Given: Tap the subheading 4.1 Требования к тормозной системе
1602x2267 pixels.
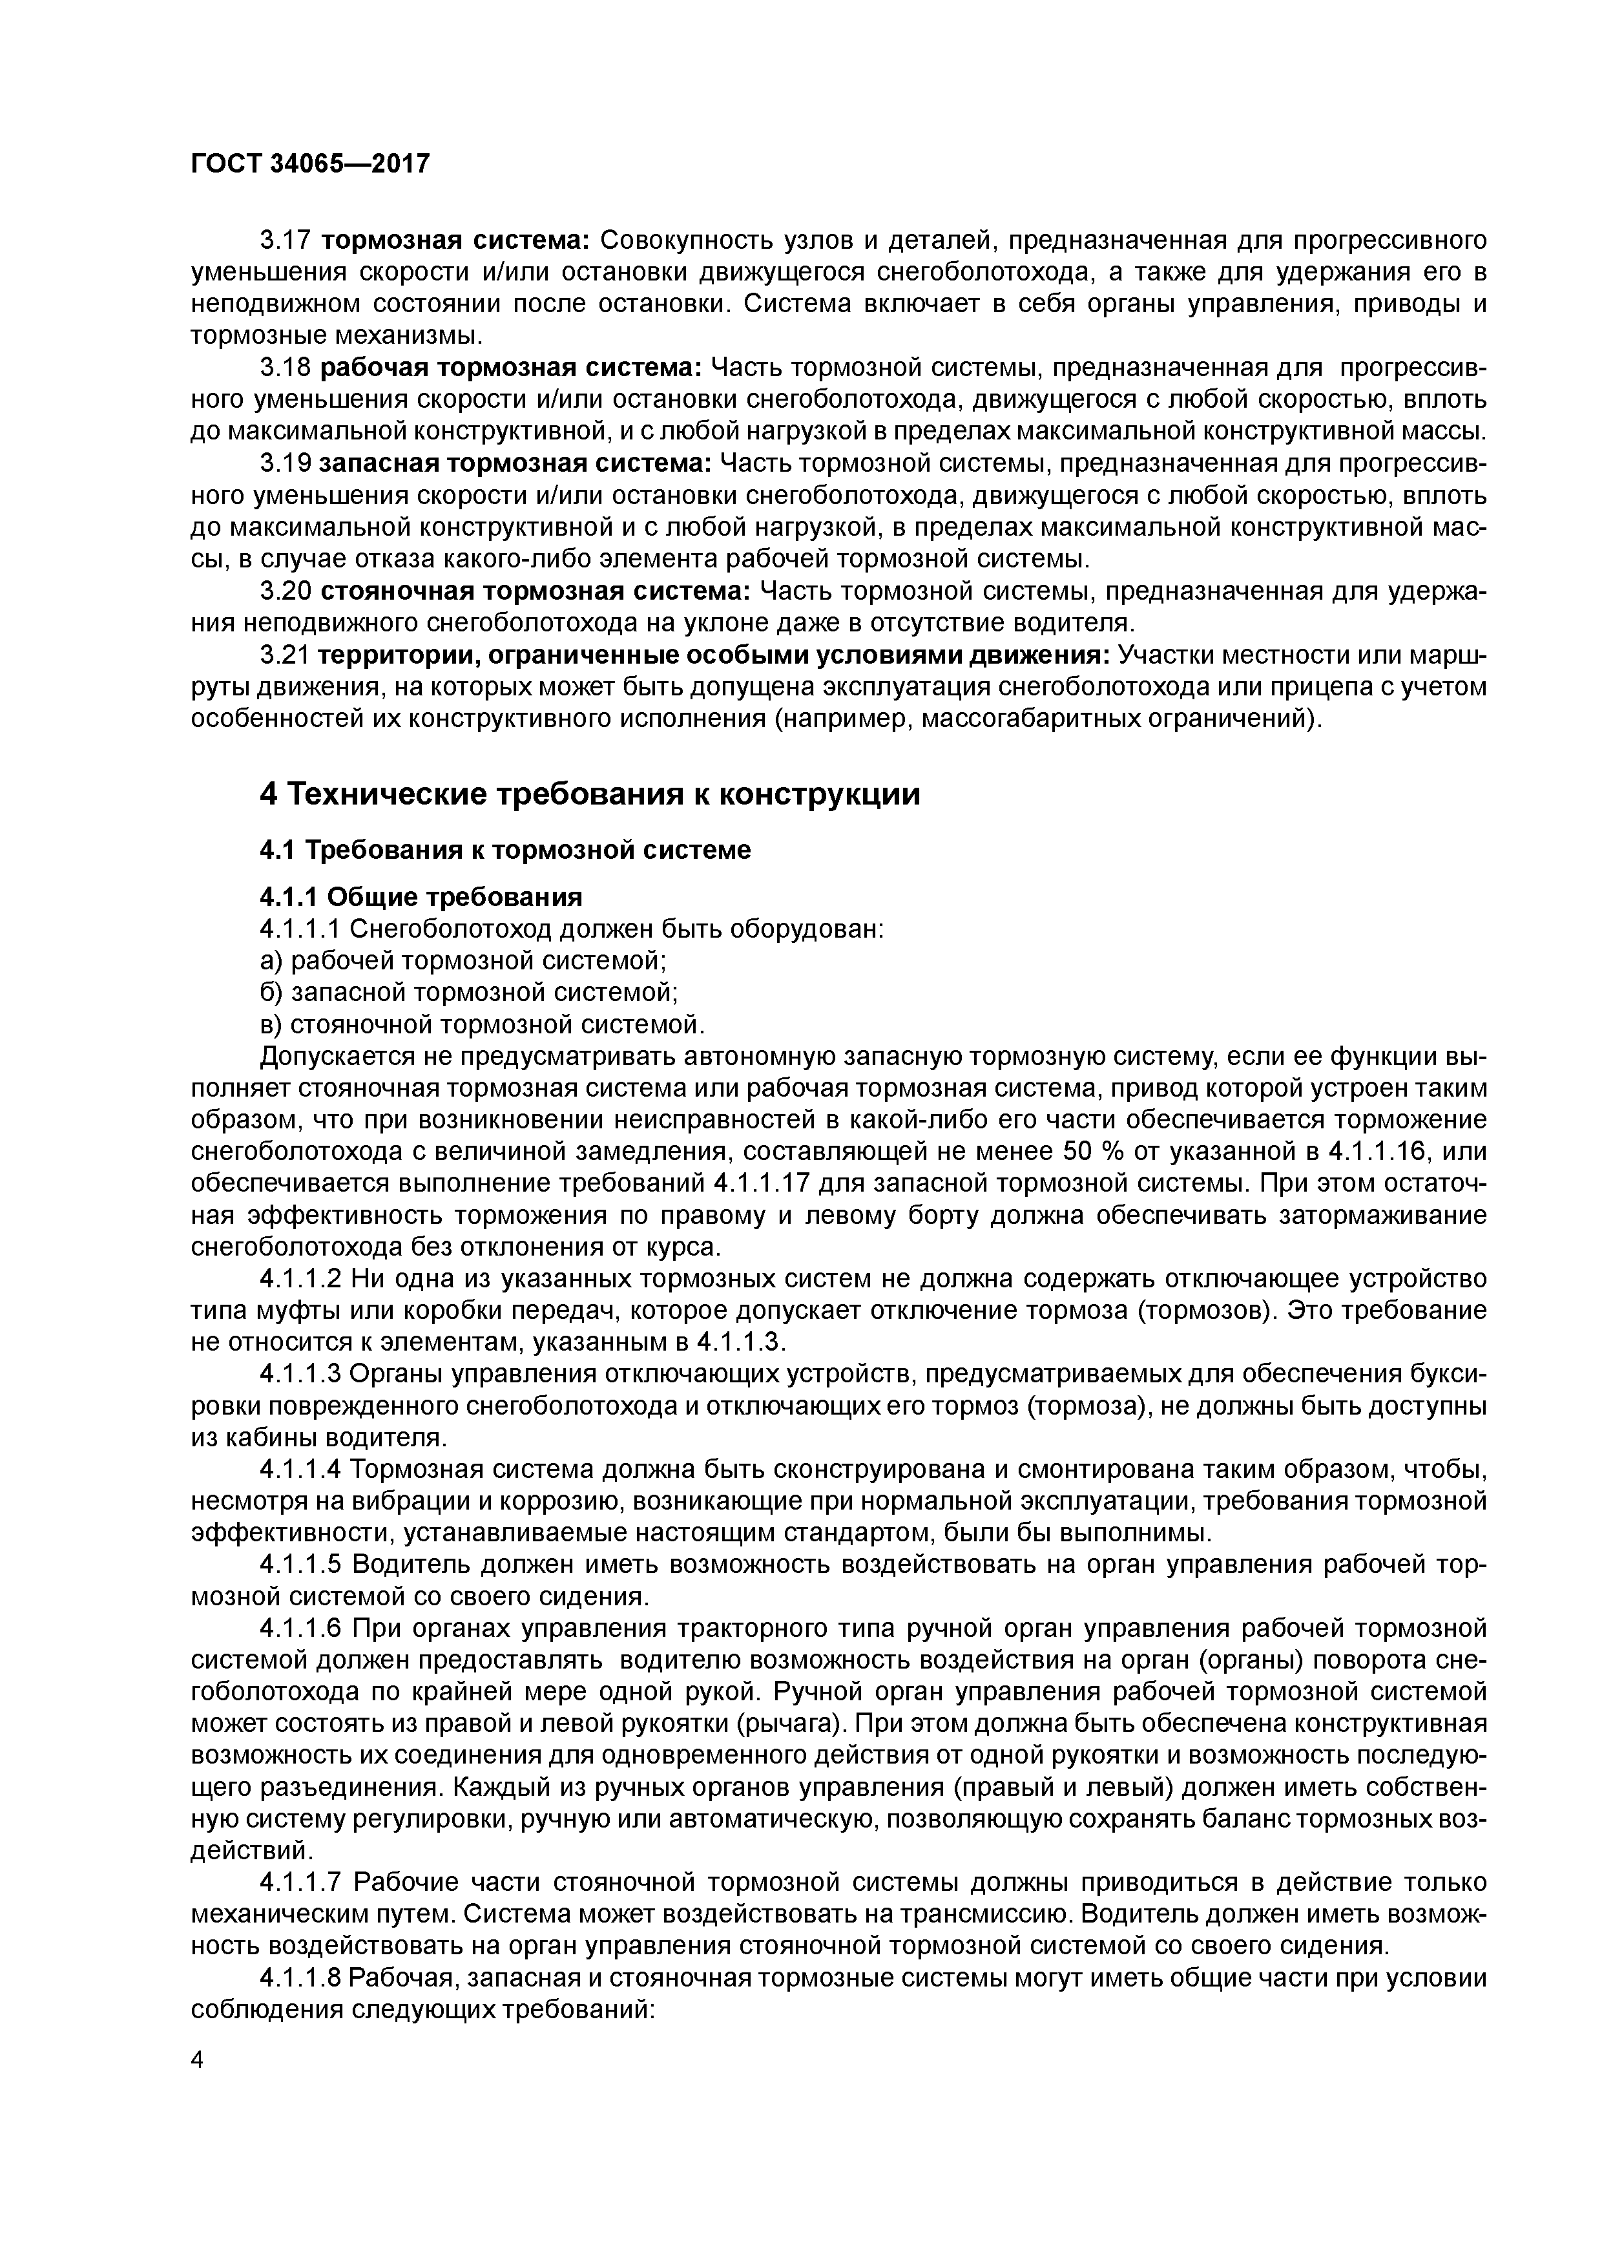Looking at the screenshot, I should [505, 850].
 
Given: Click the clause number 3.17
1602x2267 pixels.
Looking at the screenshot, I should [286, 241].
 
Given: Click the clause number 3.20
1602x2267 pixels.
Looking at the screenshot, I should [286, 591].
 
